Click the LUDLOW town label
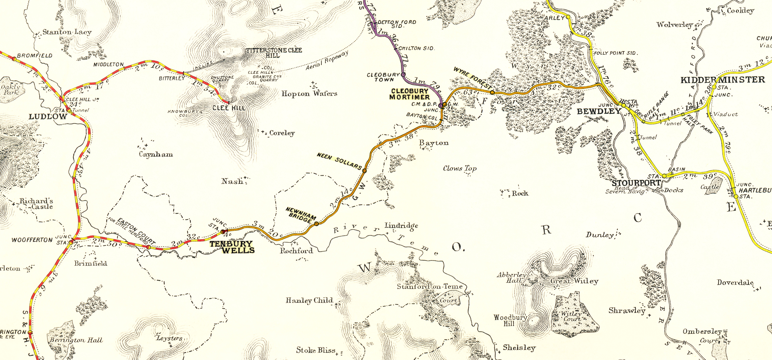48,117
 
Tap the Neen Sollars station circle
364,171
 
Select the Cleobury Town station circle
403,74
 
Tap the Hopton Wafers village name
309,94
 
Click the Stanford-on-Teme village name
429,287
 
